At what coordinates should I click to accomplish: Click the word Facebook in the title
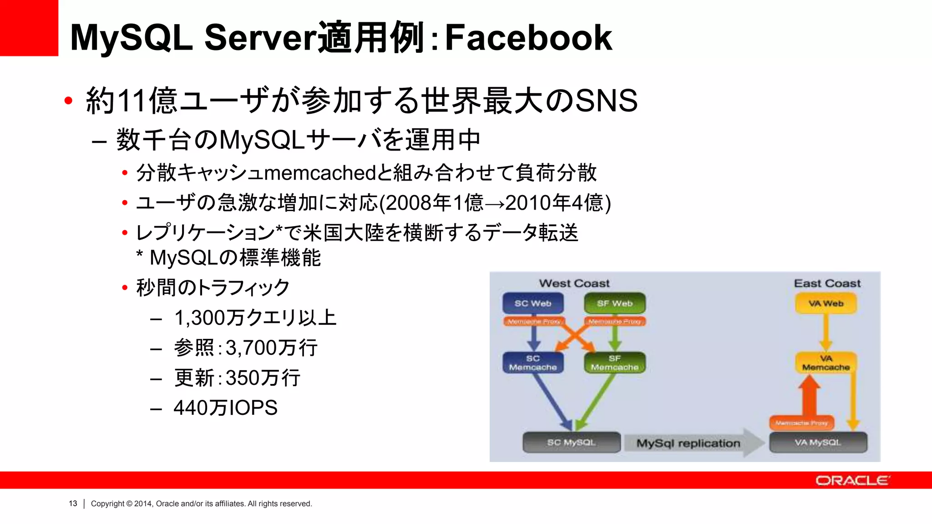[x=528, y=37]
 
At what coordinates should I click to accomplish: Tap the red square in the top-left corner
[x=29, y=28]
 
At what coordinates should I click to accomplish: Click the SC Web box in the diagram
[x=533, y=303]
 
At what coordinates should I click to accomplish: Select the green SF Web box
[x=615, y=303]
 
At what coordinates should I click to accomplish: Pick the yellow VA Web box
[x=826, y=303]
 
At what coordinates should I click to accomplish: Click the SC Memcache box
[x=533, y=363]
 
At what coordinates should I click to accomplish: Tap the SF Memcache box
[x=615, y=363]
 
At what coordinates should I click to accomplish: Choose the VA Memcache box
[x=826, y=363]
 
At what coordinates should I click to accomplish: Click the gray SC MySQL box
[x=572, y=442]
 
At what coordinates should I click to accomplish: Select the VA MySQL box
[x=818, y=442]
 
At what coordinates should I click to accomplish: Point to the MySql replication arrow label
[x=688, y=443]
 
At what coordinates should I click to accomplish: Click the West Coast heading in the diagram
[x=574, y=283]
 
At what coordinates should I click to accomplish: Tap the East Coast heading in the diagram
[x=827, y=283]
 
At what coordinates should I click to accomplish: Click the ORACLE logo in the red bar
[x=852, y=480]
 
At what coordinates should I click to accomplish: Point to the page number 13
[x=73, y=504]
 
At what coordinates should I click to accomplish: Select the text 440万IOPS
[x=225, y=408]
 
